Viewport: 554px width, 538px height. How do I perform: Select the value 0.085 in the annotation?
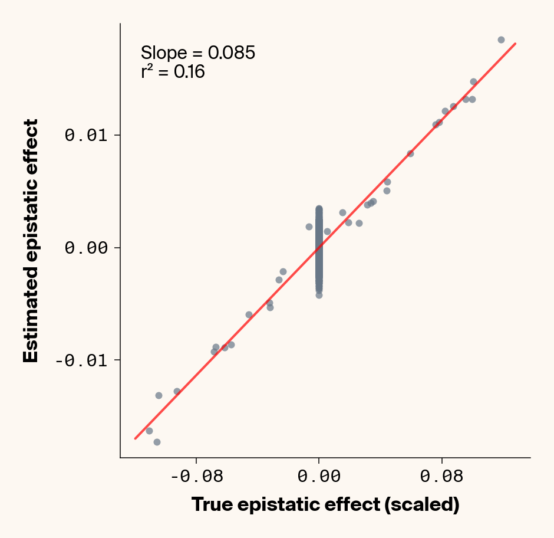point(231,53)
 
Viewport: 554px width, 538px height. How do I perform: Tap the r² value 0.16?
point(189,73)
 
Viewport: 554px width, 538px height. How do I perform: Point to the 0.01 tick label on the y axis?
point(87,135)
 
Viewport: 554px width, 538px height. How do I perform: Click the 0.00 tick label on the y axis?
point(87,248)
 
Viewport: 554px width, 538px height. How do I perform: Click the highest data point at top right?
point(501,40)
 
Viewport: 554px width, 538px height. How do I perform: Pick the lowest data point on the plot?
point(157,442)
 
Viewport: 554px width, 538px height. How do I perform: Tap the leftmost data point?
point(149,431)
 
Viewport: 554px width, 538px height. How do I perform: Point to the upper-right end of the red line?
point(516,43)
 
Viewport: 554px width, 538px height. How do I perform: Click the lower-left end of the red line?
point(135,439)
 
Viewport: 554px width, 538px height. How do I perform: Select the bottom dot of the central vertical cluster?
point(319,295)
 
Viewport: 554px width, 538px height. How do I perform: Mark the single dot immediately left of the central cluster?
point(309,227)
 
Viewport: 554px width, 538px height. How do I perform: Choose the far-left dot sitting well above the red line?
point(159,395)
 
